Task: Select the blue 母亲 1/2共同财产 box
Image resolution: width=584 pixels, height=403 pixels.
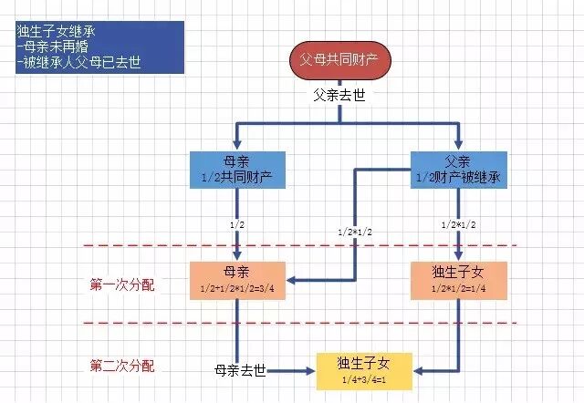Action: [237, 170]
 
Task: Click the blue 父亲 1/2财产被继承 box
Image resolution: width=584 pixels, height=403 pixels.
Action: [459, 170]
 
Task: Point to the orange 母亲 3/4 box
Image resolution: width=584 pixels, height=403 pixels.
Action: [237, 279]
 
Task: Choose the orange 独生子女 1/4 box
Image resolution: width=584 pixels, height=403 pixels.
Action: [459, 279]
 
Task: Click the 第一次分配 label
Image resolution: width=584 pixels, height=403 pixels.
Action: [122, 284]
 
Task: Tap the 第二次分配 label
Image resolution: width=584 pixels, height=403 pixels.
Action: [122, 367]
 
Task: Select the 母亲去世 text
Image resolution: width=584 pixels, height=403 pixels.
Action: [240, 371]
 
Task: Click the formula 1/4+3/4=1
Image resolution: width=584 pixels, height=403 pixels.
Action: [363, 380]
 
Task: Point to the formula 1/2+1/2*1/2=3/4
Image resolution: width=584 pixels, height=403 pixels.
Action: [237, 288]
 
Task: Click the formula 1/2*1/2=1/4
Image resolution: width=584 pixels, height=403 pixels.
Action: [459, 288]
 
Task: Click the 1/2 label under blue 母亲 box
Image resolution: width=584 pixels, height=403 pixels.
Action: [236, 223]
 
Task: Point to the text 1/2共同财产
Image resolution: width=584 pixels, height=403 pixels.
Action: [237, 176]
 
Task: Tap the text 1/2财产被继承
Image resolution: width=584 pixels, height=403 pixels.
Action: [459, 176]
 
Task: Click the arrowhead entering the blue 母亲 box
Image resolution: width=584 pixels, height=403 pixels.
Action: [237, 144]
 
